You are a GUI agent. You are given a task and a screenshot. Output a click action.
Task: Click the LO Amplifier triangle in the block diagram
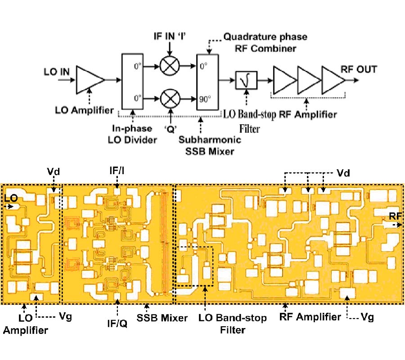tap(89, 80)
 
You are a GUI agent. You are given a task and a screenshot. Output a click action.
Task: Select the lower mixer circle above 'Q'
tap(170, 96)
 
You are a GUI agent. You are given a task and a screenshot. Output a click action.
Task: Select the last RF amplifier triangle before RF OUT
tap(333, 80)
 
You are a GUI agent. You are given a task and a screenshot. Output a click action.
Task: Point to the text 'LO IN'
tap(56, 71)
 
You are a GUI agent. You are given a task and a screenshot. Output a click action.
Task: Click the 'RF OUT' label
tap(359, 69)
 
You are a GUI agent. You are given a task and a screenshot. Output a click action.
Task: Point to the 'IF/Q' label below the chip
tap(117, 323)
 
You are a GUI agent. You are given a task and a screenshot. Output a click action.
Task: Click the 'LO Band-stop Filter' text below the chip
tap(233, 324)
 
